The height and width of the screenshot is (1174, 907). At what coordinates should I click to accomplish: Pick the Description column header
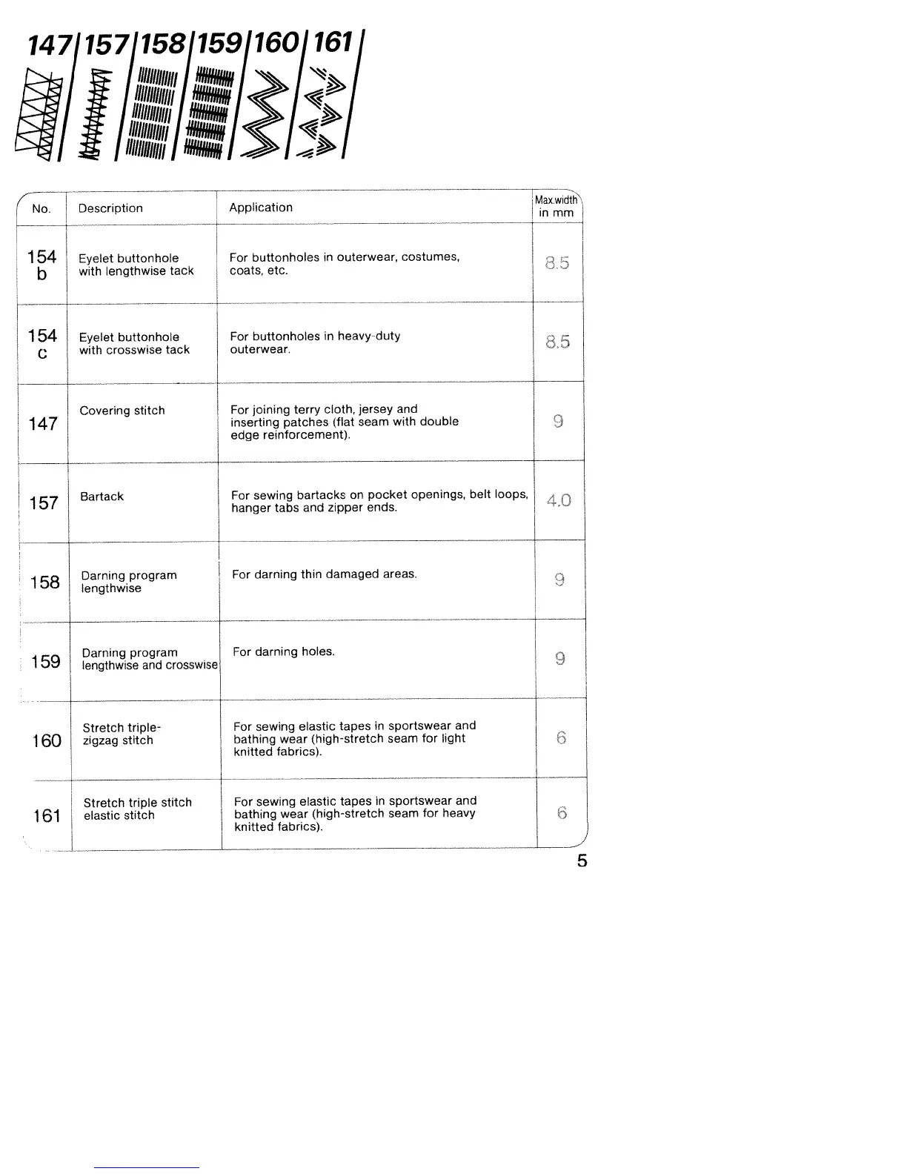(110, 208)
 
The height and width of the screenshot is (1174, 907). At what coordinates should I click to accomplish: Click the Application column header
(261, 208)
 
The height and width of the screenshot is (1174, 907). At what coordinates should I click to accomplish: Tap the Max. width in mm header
(557, 206)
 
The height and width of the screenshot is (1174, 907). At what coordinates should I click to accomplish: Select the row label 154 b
(41, 265)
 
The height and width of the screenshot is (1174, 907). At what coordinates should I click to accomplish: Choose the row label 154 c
(42, 344)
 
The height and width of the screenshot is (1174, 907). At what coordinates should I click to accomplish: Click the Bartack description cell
(102, 497)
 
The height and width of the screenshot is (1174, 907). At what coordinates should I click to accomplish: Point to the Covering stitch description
(122, 411)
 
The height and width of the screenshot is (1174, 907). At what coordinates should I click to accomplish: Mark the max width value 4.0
(559, 500)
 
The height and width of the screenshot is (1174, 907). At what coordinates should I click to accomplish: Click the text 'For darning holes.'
(284, 652)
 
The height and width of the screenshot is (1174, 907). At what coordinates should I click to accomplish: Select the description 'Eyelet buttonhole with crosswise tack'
(134, 343)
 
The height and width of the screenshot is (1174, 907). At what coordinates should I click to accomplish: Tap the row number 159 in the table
(46, 661)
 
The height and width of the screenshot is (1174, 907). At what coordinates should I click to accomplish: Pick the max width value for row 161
(562, 813)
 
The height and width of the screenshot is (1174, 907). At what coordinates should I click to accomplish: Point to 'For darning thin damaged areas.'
(325, 574)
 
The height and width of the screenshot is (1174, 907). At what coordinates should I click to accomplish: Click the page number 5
(582, 861)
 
